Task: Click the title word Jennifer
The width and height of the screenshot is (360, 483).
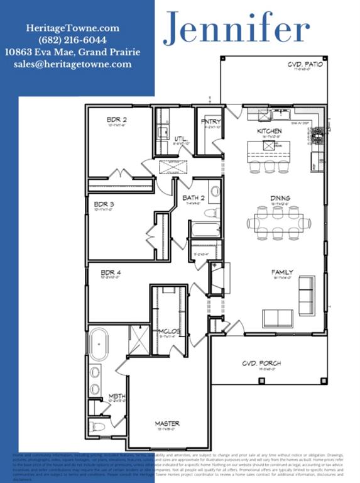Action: click(x=237, y=28)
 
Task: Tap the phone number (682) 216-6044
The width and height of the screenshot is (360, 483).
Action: click(x=79, y=40)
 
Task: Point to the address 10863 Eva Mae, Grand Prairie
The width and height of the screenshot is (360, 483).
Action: click(x=79, y=52)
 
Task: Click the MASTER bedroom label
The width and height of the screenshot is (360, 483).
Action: click(x=167, y=423)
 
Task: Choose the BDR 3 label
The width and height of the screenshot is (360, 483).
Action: click(x=104, y=204)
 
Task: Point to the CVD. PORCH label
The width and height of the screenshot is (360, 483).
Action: click(x=261, y=363)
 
